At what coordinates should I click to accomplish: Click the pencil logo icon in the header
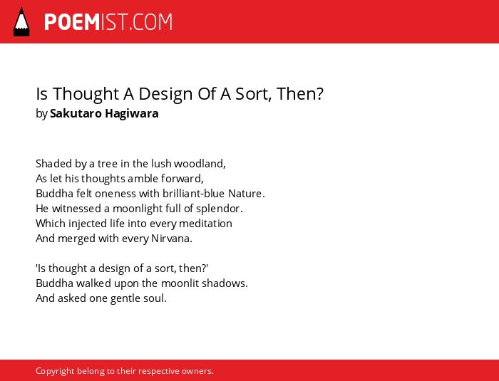(x=21, y=21)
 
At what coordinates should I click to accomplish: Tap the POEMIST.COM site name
(x=108, y=22)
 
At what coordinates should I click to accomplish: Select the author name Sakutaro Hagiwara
(x=104, y=113)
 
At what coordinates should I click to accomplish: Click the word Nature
(x=247, y=194)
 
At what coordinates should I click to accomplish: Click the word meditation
(x=205, y=223)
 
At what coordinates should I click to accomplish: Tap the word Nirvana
(x=172, y=238)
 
